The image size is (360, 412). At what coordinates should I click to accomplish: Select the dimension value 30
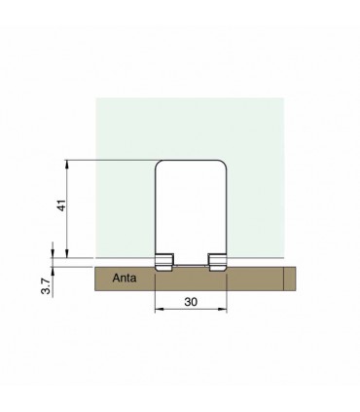(x=191, y=302)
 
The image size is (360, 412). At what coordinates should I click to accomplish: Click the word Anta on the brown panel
(x=125, y=278)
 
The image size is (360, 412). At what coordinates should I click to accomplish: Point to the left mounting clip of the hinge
(x=163, y=262)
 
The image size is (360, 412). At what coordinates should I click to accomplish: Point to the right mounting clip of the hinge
(x=218, y=262)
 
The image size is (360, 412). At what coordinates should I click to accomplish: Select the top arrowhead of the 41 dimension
(x=68, y=164)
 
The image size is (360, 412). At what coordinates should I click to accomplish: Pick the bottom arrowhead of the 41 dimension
(x=68, y=254)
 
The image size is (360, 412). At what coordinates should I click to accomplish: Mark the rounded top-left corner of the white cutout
(x=160, y=165)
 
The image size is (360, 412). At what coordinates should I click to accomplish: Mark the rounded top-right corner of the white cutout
(x=223, y=165)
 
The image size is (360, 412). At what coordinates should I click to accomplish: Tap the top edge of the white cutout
(x=191, y=160)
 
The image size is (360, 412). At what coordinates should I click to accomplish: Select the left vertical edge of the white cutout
(x=156, y=209)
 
